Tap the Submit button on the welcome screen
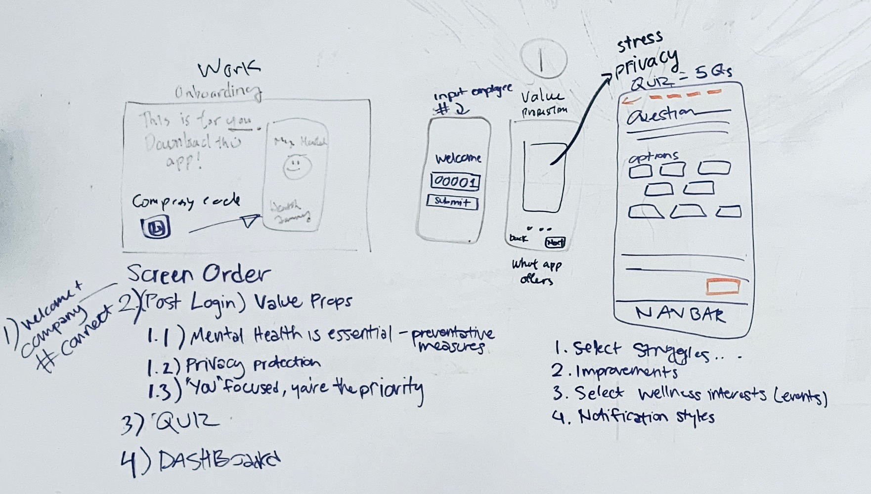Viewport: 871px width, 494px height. click(452, 202)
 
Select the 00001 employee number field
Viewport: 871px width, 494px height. click(455, 182)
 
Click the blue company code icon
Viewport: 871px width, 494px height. click(157, 228)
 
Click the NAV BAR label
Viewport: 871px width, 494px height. click(680, 314)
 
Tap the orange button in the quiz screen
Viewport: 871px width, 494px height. click(724, 287)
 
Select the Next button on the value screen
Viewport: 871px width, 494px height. click(554, 243)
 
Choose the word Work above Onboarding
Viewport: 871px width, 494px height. click(229, 70)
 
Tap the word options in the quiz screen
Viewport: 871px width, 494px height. click(653, 157)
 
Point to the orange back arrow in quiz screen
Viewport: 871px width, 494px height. click(630, 101)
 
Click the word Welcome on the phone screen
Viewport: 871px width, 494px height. click(458, 159)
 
